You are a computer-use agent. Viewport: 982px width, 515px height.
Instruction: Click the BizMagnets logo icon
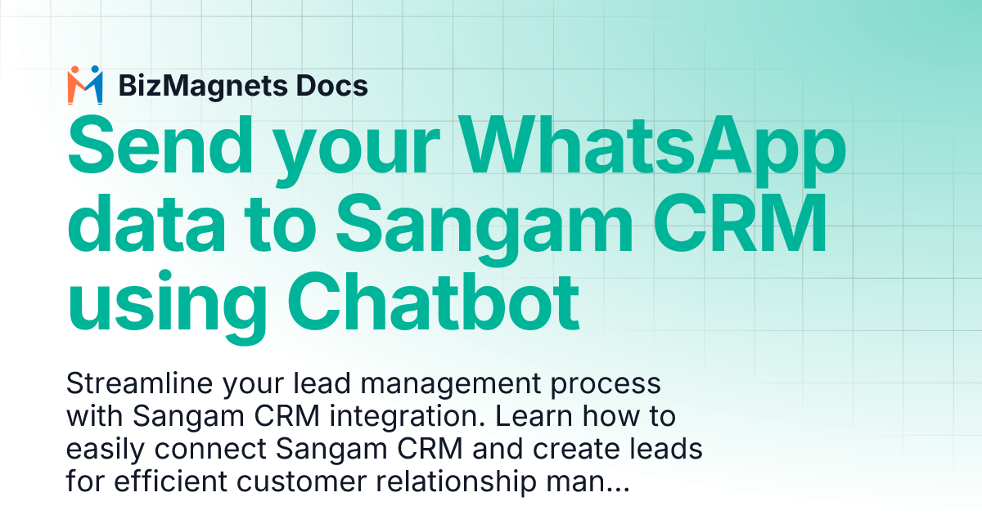pos(85,85)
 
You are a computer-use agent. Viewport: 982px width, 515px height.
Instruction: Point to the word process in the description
pos(613,383)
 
